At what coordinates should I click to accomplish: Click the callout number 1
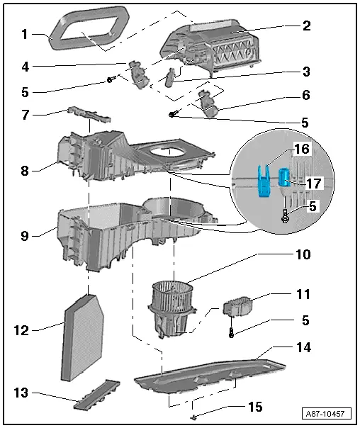click(25, 33)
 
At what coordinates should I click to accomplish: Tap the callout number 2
click(307, 26)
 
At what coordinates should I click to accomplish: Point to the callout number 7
click(25, 114)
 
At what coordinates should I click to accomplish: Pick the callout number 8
click(25, 171)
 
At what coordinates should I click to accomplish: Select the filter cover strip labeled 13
click(96, 395)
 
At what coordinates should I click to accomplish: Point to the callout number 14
click(304, 348)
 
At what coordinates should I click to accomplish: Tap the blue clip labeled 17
click(284, 179)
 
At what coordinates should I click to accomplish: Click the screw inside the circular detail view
click(284, 215)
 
